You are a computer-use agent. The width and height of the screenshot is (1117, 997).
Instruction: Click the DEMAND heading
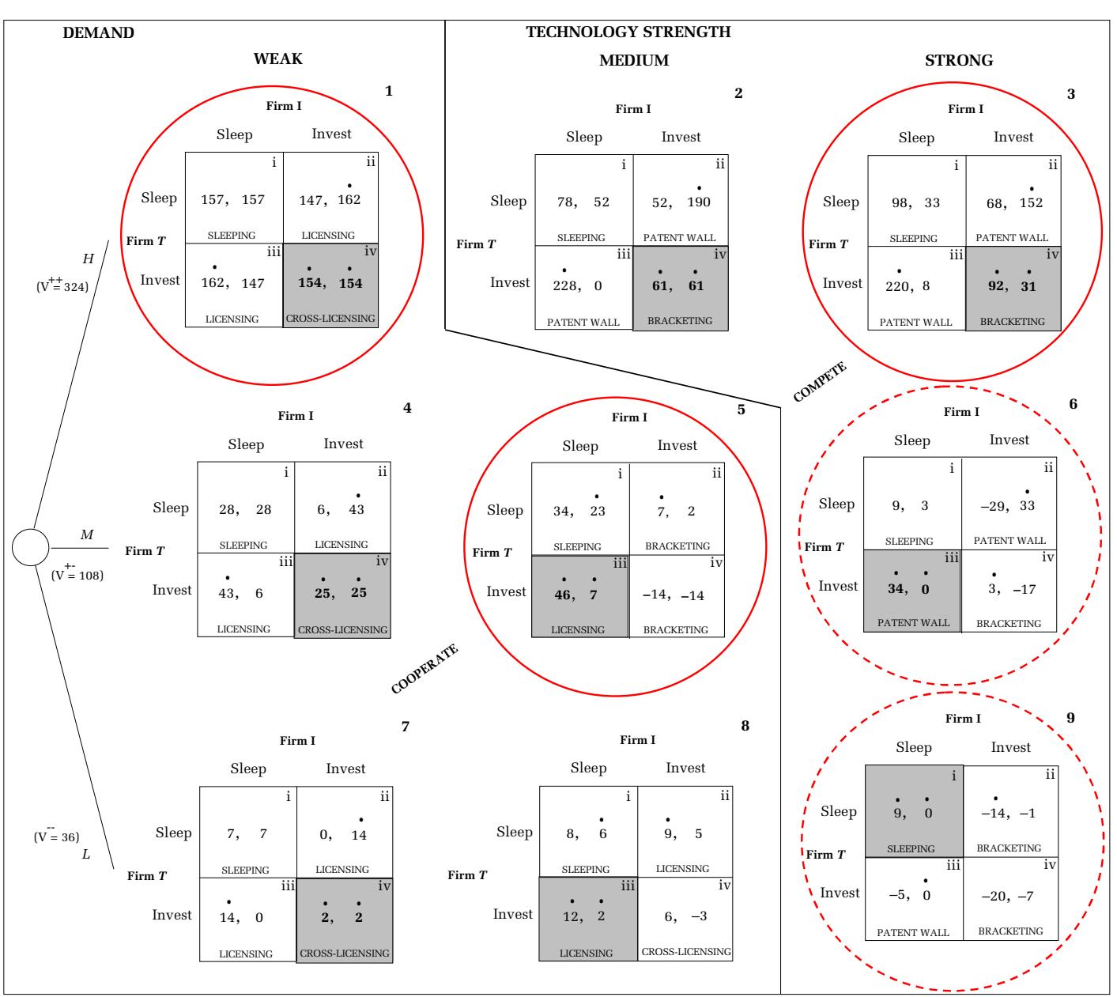point(98,33)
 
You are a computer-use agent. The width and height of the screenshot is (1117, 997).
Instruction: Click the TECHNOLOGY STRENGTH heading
point(628,32)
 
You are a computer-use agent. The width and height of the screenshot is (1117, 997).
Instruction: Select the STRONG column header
point(959,60)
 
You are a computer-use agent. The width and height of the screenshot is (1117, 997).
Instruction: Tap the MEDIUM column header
point(634,60)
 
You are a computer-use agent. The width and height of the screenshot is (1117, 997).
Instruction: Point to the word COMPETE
point(820,382)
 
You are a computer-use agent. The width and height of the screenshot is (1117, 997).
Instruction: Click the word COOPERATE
point(425,670)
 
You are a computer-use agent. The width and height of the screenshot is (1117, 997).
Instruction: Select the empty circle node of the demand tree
point(31,547)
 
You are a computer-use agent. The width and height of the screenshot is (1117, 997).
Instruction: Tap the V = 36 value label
point(57,836)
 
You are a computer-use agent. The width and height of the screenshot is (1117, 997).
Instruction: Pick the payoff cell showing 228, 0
point(583,287)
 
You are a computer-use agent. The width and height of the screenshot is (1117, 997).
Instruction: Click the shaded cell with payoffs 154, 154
point(331,285)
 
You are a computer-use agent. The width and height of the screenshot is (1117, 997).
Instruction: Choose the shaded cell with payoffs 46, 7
point(580,596)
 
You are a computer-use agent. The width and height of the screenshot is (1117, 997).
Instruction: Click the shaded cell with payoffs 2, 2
point(345,920)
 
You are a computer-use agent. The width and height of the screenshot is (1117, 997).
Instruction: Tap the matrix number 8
point(745,726)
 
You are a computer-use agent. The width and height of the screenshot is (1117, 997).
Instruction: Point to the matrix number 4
point(407,409)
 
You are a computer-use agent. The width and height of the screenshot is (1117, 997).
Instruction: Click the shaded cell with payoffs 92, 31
point(1013,288)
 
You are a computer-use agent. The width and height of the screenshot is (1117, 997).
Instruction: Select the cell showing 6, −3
point(685,920)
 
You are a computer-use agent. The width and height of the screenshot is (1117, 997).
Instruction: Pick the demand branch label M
point(87,535)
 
